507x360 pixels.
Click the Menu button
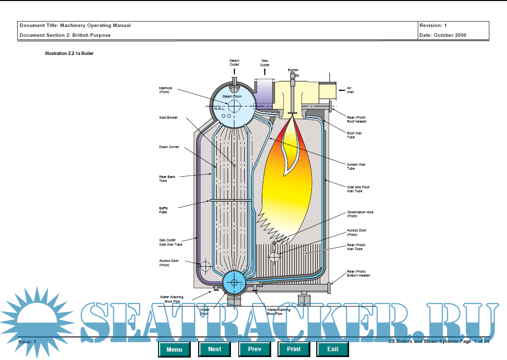click(174, 349)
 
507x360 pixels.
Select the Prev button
click(254, 349)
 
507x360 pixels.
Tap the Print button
click(294, 349)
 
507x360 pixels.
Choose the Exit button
click(333, 349)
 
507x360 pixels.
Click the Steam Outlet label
click(234, 63)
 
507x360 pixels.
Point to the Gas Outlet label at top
click(264, 63)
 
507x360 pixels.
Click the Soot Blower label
click(168, 118)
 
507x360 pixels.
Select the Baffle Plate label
click(163, 210)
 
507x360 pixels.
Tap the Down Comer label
click(169, 147)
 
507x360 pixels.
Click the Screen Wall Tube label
click(356, 166)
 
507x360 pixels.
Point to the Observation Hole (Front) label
click(360, 214)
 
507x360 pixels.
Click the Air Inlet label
click(350, 90)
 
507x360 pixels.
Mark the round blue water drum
click(234, 282)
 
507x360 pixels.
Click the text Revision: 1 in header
click(433, 25)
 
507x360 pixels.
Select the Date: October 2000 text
click(443, 35)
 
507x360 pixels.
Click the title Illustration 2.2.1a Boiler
click(69, 53)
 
